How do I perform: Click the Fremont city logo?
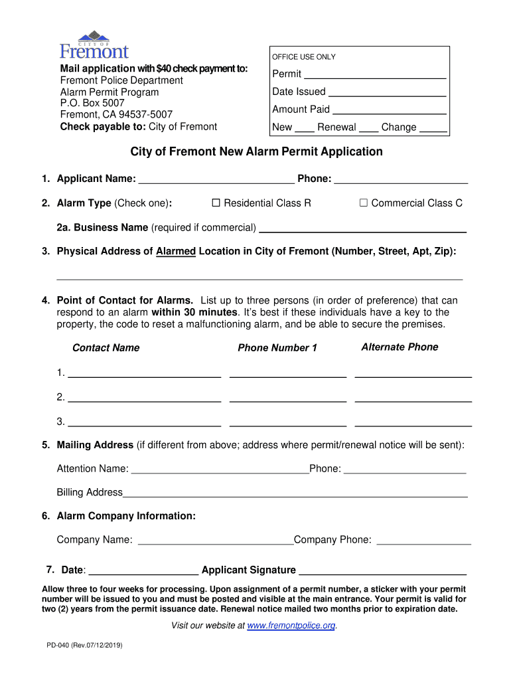(94, 44)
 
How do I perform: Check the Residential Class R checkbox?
(216, 203)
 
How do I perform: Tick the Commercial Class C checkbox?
(363, 203)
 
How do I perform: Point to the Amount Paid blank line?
(388, 110)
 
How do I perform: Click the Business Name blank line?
(362, 228)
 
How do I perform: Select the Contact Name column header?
(106, 348)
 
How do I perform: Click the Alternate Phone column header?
(400, 347)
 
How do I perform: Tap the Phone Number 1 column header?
(277, 348)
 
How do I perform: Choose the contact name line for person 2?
(144, 398)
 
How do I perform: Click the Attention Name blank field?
(220, 469)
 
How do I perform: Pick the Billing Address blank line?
(295, 493)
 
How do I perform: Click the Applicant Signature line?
(382, 570)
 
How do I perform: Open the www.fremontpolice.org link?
(291, 626)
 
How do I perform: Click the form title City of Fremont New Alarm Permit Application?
(256, 152)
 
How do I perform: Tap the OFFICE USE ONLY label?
(304, 57)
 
